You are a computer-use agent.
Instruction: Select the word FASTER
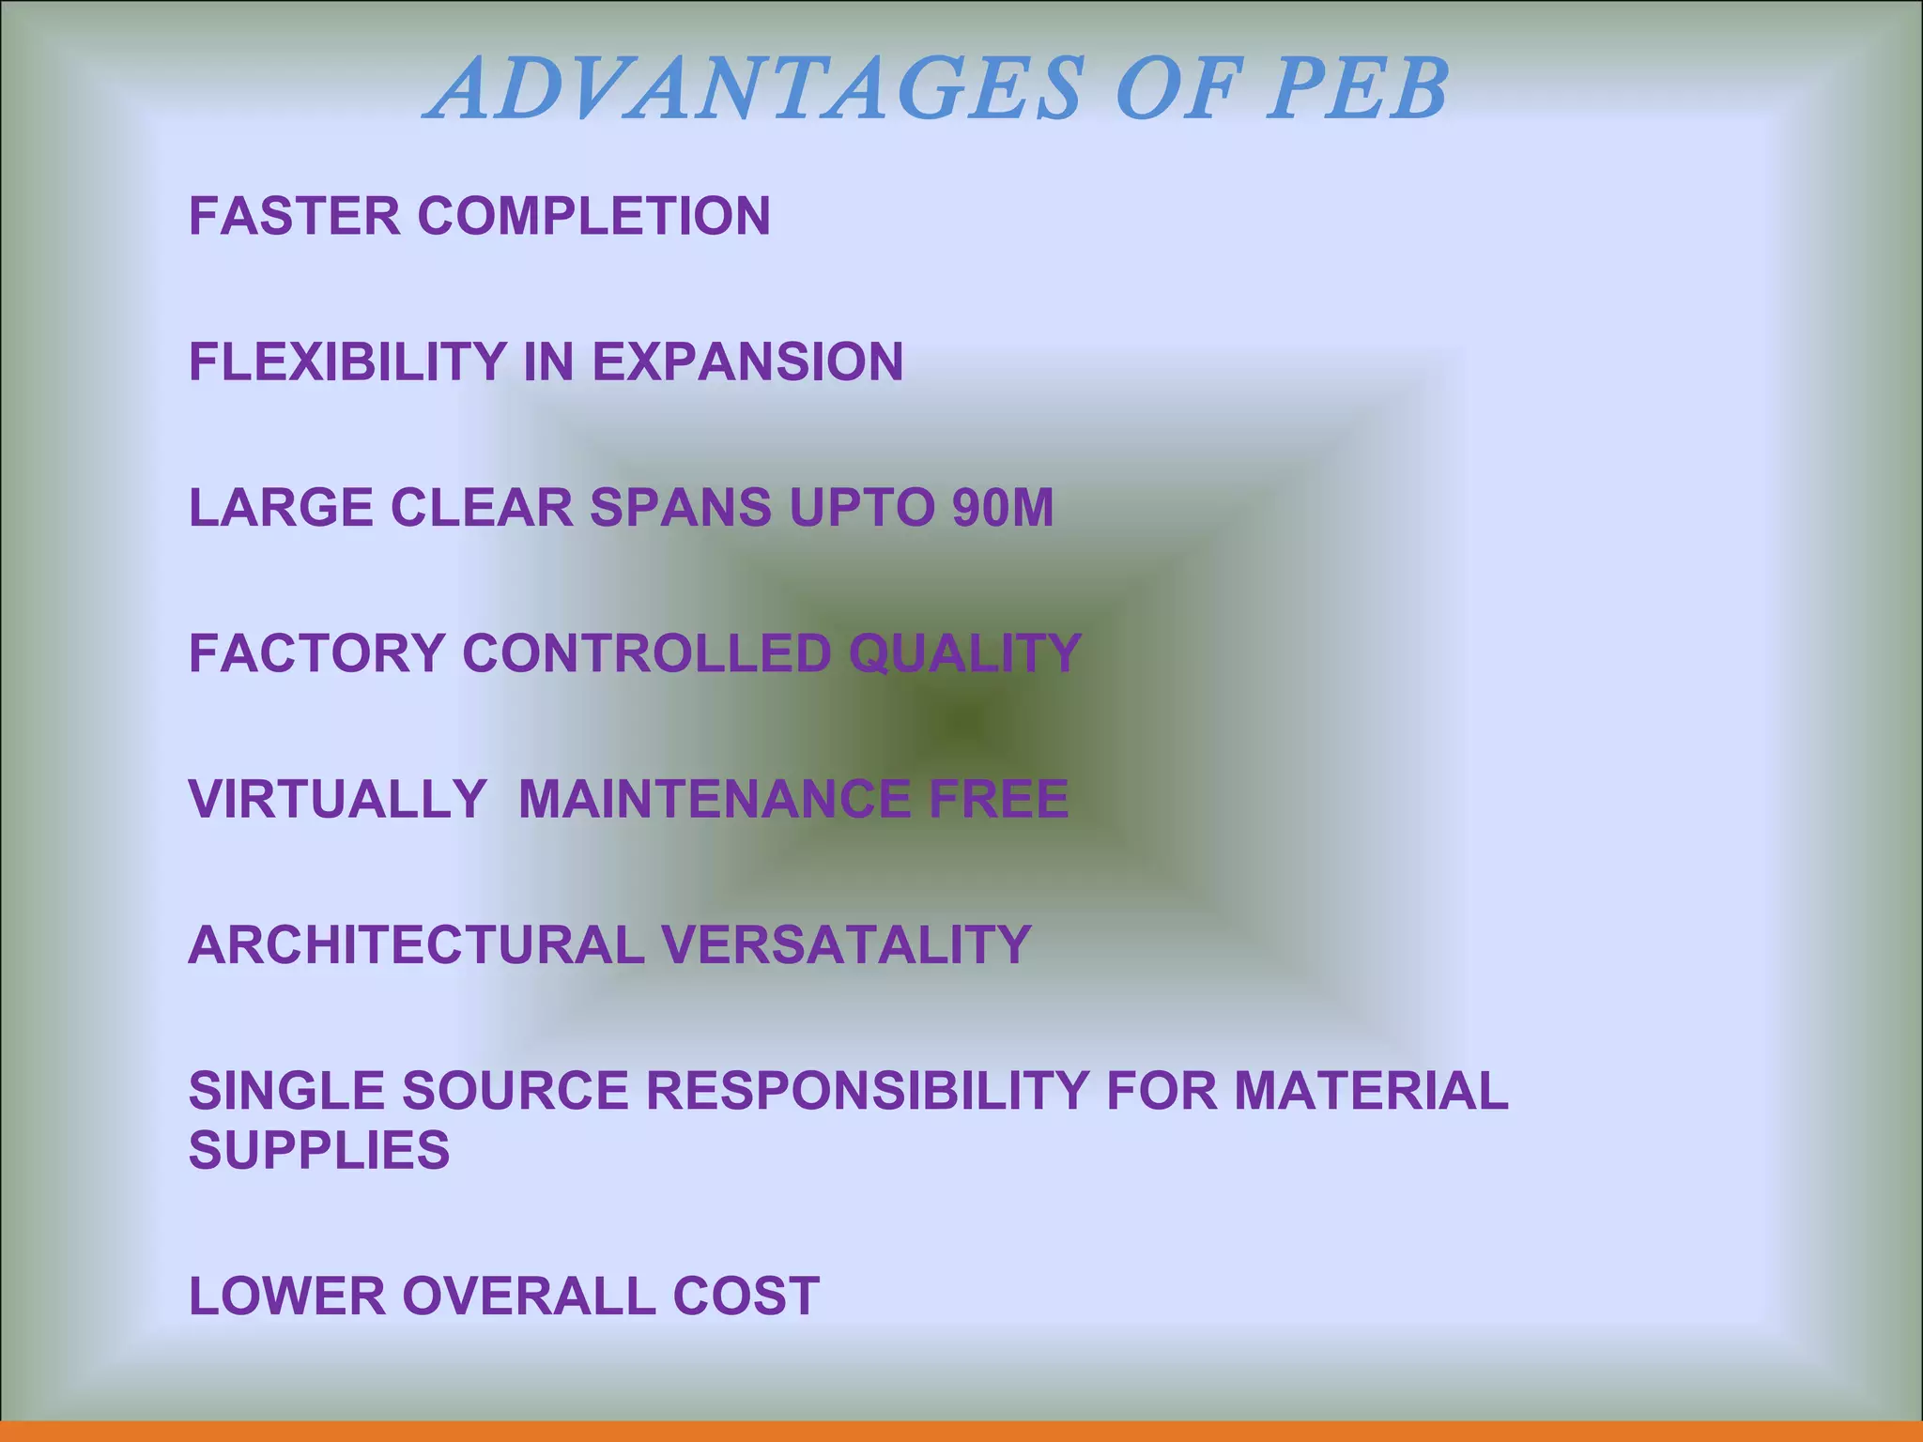[x=295, y=216]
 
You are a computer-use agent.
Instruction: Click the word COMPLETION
[x=593, y=216]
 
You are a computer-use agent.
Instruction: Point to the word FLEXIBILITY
[x=348, y=361]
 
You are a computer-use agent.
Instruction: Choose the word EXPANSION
[x=747, y=361]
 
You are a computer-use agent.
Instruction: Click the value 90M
[x=1003, y=508]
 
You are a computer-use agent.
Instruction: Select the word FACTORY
[x=316, y=653]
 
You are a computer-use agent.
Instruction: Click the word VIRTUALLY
[x=337, y=799]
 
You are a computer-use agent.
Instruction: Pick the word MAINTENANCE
[x=714, y=799]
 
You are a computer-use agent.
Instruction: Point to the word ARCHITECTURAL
[x=416, y=944]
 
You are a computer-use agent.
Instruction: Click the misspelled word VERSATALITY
[x=846, y=944]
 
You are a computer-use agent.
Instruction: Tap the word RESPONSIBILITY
[x=866, y=1091]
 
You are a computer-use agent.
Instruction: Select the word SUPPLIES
[x=319, y=1150]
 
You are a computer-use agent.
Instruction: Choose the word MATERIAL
[x=1370, y=1091]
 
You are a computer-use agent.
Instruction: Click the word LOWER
[x=287, y=1296]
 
